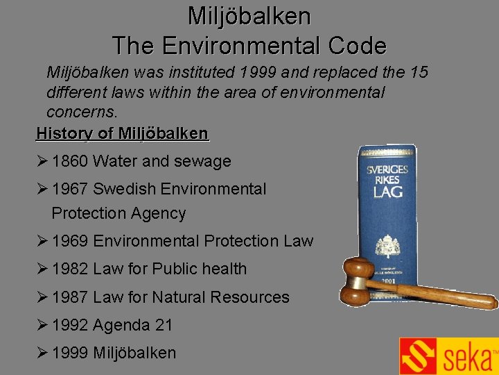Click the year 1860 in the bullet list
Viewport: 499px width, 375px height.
[70, 162]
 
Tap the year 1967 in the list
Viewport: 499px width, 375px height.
[70, 189]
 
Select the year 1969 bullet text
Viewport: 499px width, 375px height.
[70, 241]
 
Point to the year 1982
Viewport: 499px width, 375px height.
[70, 269]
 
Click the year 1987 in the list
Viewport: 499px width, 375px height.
[70, 297]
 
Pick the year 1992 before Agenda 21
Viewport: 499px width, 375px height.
[70, 325]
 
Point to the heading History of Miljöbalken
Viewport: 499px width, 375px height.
[122, 133]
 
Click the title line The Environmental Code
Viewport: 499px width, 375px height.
[249, 46]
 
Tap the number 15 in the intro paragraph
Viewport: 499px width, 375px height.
[419, 72]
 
